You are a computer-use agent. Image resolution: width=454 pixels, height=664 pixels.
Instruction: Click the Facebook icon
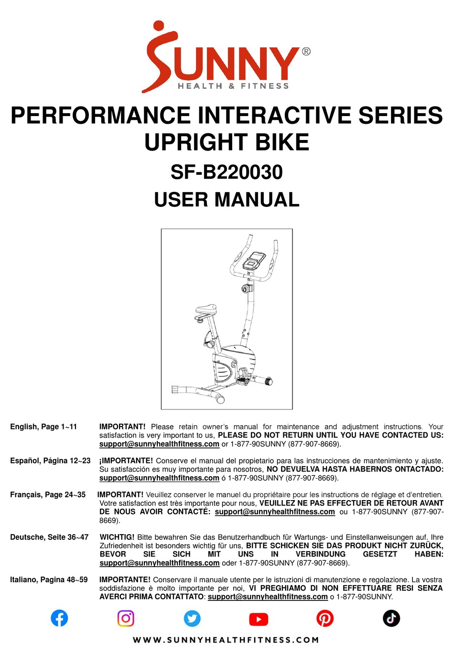pyautogui.click(x=59, y=618)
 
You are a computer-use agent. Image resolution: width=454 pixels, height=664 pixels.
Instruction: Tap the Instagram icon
pyautogui.click(x=126, y=618)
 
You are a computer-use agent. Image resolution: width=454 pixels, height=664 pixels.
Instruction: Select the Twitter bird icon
pyautogui.click(x=192, y=618)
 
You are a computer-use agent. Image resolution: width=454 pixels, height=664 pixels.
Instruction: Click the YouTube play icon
pyautogui.click(x=259, y=619)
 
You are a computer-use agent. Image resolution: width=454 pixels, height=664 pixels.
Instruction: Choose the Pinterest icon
pyautogui.click(x=325, y=618)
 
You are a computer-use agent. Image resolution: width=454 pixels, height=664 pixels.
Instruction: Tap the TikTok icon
pyautogui.click(x=391, y=618)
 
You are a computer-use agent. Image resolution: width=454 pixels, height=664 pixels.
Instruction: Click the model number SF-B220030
pyautogui.click(x=227, y=172)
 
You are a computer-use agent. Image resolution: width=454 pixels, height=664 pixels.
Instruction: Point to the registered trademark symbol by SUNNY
pyautogui.click(x=306, y=52)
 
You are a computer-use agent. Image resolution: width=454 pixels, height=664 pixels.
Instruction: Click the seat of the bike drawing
pyautogui.click(x=206, y=310)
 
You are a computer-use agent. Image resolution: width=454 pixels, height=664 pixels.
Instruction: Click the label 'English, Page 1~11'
pyautogui.click(x=43, y=427)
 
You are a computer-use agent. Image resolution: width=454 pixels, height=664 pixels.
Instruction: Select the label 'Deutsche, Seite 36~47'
pyautogui.click(x=49, y=537)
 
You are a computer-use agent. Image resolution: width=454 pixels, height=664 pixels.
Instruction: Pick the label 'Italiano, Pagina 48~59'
pyautogui.click(x=49, y=579)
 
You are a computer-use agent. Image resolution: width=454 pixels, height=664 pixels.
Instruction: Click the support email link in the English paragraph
pyautogui.click(x=159, y=444)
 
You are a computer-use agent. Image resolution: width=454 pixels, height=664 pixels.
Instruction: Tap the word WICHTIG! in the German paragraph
pyautogui.click(x=117, y=537)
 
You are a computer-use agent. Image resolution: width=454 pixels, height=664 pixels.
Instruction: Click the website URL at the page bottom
pyautogui.click(x=226, y=640)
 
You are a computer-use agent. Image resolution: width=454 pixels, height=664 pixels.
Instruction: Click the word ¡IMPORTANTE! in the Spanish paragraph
pyautogui.click(x=126, y=461)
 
